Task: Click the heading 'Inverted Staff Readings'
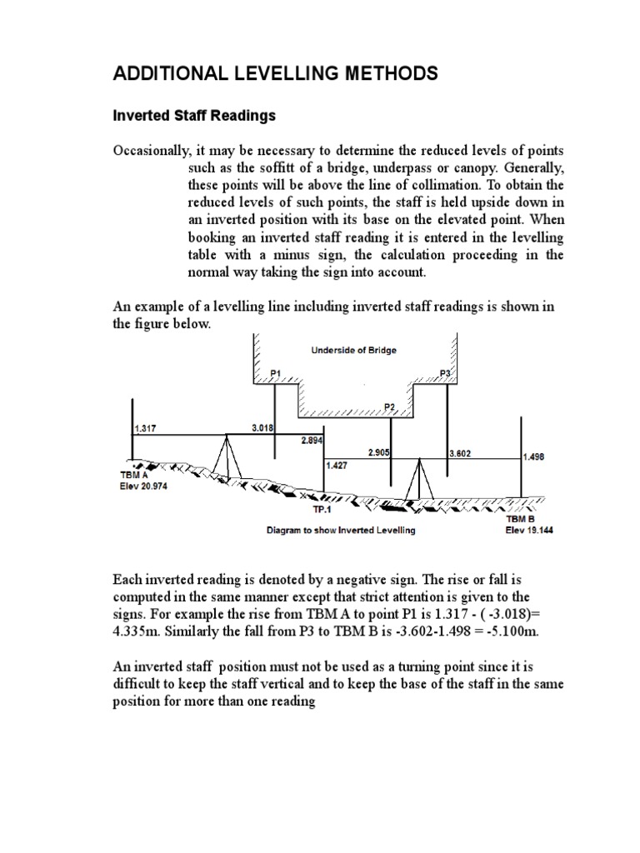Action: [193, 116]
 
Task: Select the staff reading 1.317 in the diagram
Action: [145, 429]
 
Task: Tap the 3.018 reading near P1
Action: [263, 427]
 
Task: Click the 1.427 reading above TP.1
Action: [337, 466]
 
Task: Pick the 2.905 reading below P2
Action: [379, 451]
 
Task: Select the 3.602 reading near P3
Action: [460, 454]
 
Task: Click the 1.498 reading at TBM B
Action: [534, 456]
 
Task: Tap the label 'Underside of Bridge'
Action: [354, 350]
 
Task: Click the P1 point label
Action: [276, 373]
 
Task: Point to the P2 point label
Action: [389, 406]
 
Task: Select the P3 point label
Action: [444, 373]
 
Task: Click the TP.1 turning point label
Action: [322, 509]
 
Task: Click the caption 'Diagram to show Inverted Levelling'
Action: [340, 530]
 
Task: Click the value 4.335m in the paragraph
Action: [136, 631]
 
